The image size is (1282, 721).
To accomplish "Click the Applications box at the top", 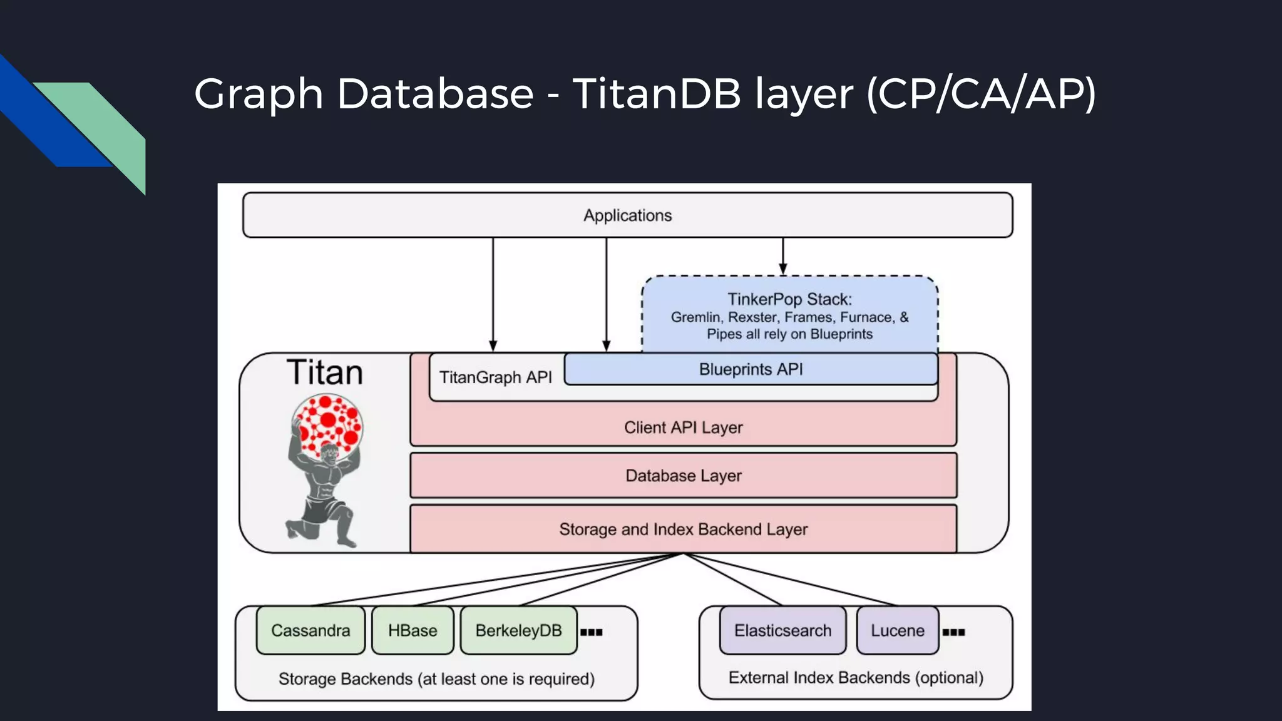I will [627, 215].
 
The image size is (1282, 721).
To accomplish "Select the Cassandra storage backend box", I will [310, 630].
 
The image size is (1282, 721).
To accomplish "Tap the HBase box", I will [413, 630].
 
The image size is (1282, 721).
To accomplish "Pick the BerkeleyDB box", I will [518, 630].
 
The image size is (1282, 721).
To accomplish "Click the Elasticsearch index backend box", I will [782, 630].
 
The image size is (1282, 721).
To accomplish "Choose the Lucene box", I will [897, 630].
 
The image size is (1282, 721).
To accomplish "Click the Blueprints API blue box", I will [751, 369].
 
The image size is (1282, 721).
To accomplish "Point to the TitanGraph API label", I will [495, 377].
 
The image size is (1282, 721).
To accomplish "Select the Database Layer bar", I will [683, 476].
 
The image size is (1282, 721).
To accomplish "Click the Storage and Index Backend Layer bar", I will [683, 529].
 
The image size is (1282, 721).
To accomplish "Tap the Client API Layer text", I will [683, 427].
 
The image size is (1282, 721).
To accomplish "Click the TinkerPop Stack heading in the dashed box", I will [789, 299].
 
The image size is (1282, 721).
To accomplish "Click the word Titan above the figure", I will [324, 372].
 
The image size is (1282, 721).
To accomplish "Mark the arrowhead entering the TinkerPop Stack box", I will [782, 269].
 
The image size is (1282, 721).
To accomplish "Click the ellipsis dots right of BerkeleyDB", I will [591, 632].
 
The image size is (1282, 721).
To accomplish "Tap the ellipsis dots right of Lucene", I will [953, 632].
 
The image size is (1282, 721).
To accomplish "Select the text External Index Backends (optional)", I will [856, 678].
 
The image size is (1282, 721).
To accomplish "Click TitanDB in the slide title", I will [657, 94].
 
